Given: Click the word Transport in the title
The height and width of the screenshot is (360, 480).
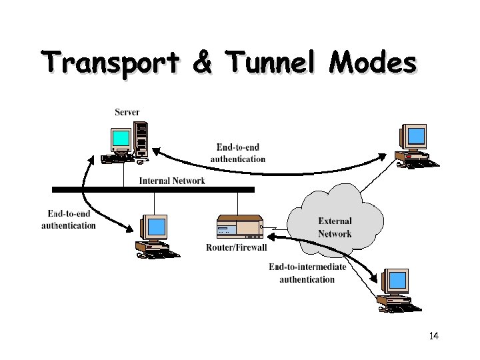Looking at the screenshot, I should pos(113,63).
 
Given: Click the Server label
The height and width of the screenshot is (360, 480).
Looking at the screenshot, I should pos(127,112).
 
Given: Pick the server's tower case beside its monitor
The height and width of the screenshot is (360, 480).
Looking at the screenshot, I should pos(141,139).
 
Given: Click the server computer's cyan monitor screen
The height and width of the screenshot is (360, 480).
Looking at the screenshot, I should pos(121,139).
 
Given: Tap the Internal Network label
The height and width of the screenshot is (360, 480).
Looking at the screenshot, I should pos(172,181).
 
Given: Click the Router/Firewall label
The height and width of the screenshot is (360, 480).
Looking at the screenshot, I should pos(237,247).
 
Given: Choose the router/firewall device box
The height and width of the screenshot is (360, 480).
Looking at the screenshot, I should pos(239,227).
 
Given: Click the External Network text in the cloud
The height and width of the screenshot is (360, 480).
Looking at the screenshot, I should pos(335,227).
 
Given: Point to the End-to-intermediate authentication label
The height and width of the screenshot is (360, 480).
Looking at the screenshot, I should pos(307,273).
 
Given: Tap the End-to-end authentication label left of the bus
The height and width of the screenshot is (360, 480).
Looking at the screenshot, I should pos(69,219).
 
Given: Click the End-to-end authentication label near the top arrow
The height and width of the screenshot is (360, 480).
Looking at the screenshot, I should pos(238,153).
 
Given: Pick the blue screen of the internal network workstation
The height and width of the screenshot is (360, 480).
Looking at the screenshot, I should pos(157,227).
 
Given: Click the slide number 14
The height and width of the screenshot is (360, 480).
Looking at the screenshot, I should pos(434,335).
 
